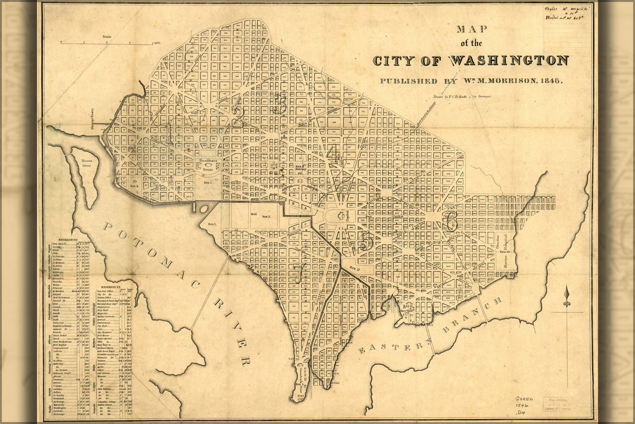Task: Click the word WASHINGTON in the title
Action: (508, 61)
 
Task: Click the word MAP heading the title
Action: (470, 28)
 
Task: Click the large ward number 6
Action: (450, 222)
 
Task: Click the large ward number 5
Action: (365, 241)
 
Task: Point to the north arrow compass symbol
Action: (567, 297)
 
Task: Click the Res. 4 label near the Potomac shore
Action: (133, 186)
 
